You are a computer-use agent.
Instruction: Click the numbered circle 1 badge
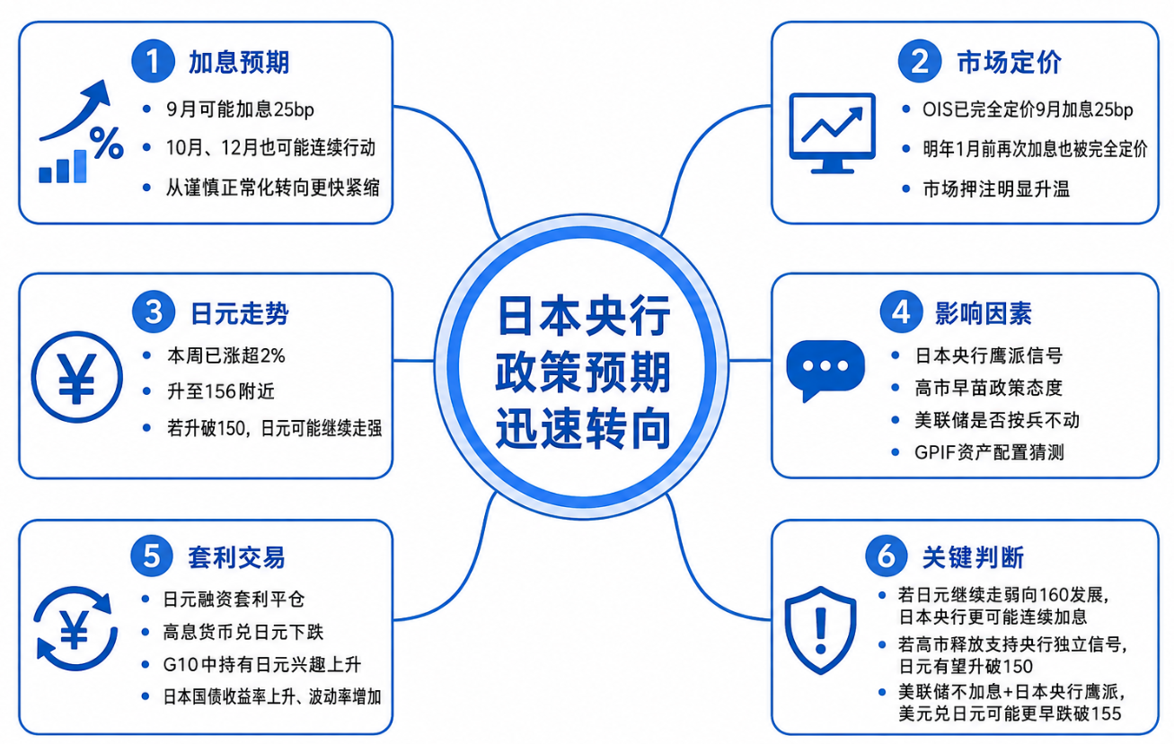click(x=153, y=61)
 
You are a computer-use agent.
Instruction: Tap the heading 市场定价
click(x=1010, y=62)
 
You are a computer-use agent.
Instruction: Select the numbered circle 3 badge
click(x=153, y=311)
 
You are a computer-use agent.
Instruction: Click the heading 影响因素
click(x=984, y=313)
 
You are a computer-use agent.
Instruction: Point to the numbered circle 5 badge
click(x=152, y=556)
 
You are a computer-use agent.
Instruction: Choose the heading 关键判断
click(x=974, y=557)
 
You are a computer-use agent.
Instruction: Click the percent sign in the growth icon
click(x=106, y=142)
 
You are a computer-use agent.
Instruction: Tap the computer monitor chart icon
click(x=833, y=133)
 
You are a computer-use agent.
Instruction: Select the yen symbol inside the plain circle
click(x=77, y=378)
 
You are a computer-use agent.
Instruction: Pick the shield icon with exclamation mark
click(x=820, y=630)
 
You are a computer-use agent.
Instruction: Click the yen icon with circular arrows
click(x=75, y=628)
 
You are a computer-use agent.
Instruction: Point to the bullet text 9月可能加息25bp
click(x=240, y=109)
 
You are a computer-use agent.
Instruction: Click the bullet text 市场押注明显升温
click(x=996, y=189)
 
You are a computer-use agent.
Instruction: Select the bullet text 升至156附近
click(x=221, y=391)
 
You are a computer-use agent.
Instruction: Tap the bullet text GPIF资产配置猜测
click(x=989, y=452)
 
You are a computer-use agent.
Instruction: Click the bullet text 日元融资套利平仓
click(x=234, y=599)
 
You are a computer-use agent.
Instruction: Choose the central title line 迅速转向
click(x=583, y=428)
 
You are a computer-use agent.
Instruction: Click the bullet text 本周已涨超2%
click(x=225, y=356)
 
